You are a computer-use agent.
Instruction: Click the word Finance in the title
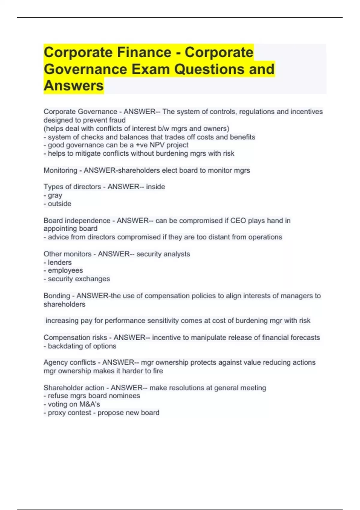[x=144, y=52]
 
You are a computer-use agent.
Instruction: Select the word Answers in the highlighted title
[x=74, y=85]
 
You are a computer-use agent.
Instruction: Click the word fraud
[x=117, y=120]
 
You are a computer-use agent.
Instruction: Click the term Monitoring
[x=60, y=170]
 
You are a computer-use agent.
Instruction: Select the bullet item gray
[x=55, y=195]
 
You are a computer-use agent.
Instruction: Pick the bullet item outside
[x=59, y=204]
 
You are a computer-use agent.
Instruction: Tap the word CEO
[x=238, y=220]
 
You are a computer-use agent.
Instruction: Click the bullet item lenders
[x=60, y=262]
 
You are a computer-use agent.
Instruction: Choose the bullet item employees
[x=65, y=270]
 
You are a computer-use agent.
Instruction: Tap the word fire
[x=158, y=371]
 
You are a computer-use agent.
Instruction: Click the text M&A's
[x=89, y=404]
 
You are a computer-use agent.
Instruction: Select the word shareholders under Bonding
[x=64, y=304]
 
